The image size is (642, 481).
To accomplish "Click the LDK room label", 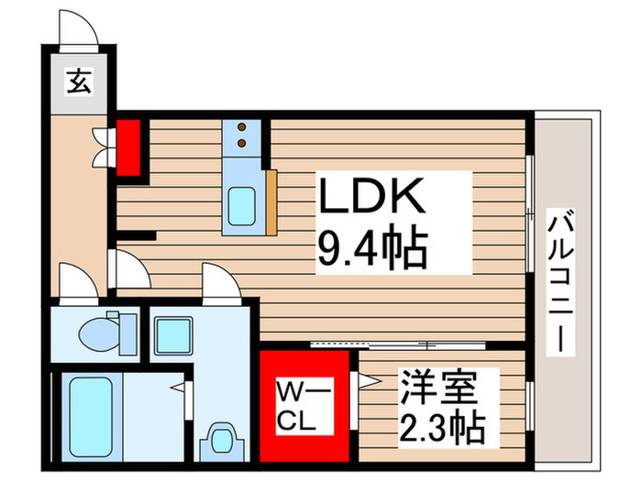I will point(371,195).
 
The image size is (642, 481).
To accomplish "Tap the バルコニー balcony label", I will point(562,284).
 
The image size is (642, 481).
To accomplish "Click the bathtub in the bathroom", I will point(91,413).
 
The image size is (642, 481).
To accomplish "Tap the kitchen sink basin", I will point(242,202).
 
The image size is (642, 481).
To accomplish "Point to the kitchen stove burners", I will point(242,136).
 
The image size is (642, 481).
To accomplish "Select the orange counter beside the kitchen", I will point(271,200).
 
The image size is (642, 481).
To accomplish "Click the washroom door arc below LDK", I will point(220,281).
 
